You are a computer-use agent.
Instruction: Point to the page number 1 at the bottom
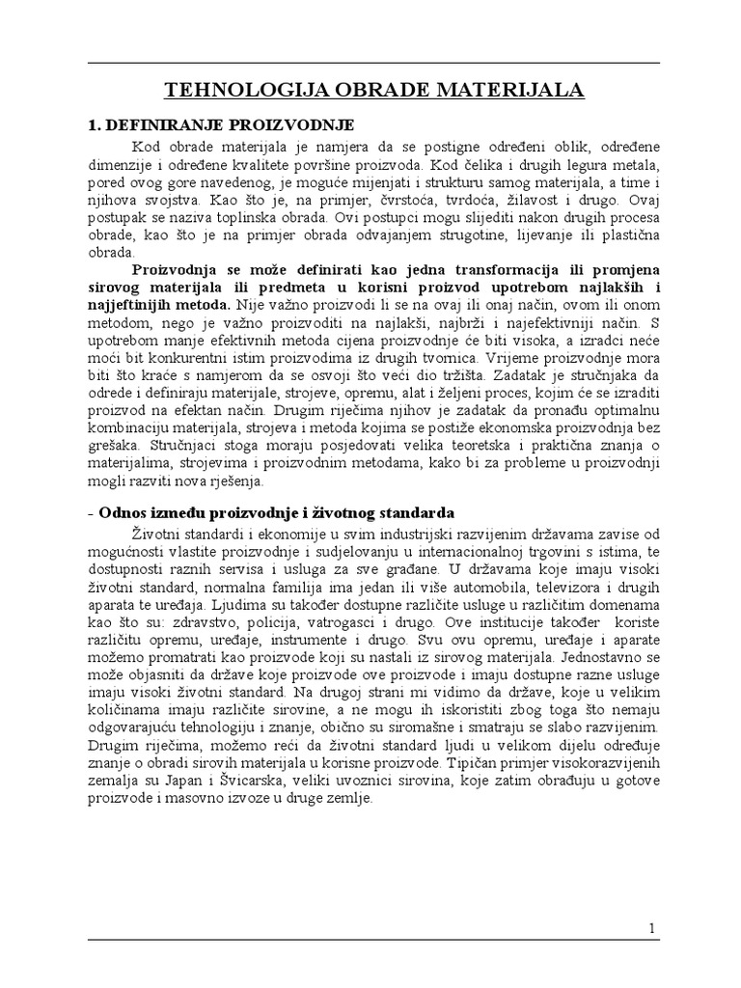click(x=652, y=928)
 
